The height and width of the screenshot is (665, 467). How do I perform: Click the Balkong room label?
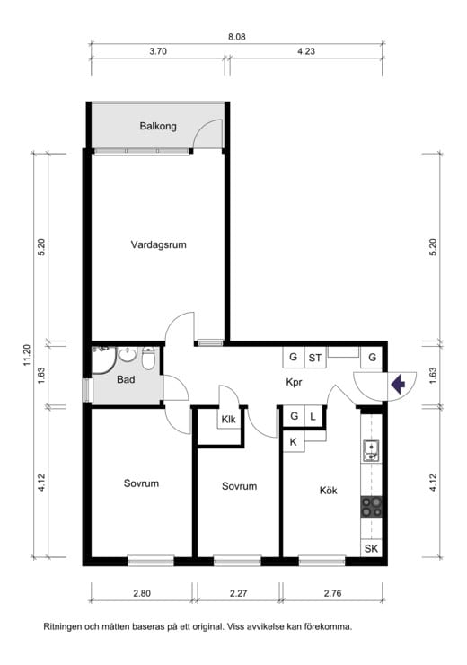point(158,126)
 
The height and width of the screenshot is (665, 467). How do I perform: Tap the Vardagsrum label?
point(158,244)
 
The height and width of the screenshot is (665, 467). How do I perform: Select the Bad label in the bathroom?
point(126,379)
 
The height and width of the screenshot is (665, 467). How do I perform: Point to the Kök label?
point(329,491)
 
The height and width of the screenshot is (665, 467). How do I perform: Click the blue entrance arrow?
point(398,385)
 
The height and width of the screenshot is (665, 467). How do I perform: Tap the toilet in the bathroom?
point(148,359)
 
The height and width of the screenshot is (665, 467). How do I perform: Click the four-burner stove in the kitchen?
point(371,507)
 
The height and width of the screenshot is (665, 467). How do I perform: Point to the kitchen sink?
point(371,451)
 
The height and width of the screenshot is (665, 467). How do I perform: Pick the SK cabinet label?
point(371,548)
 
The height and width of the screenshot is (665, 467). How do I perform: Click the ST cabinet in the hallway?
point(315,358)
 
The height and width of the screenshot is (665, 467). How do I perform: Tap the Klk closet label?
point(228,420)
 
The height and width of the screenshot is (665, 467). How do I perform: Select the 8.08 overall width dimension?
point(237,37)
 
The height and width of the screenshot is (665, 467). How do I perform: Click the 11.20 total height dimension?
point(28,355)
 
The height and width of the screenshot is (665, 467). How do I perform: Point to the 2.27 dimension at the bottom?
point(239,593)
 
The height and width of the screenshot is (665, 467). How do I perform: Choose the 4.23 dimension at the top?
point(306,51)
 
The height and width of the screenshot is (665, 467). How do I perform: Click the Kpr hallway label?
point(294,382)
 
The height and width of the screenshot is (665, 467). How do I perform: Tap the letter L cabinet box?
point(313,416)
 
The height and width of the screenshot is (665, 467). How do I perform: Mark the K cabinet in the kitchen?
point(294,441)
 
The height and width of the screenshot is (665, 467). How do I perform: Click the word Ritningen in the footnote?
point(62,627)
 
